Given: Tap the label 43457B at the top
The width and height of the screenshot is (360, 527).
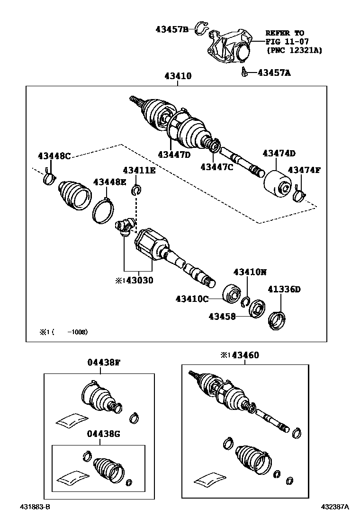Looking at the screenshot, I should tap(172, 29).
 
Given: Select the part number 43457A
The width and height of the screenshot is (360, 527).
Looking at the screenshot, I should tap(274, 73).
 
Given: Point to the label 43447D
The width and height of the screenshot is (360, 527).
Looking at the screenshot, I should tap(174, 154).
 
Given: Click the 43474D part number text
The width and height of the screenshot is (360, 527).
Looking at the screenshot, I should tap(279, 153).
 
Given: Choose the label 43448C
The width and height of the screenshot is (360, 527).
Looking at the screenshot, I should tap(54, 156).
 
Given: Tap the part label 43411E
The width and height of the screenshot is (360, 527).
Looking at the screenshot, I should tap(139, 171).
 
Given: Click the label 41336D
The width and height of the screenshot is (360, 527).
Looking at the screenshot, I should tap(284, 289).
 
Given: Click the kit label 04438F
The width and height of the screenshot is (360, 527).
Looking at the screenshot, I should tap(103, 363).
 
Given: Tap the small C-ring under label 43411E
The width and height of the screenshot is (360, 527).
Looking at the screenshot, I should tap(136, 191).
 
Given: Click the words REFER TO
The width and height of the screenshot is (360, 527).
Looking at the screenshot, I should tap(284, 33).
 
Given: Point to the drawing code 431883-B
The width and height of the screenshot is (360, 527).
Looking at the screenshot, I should tap(35, 507).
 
